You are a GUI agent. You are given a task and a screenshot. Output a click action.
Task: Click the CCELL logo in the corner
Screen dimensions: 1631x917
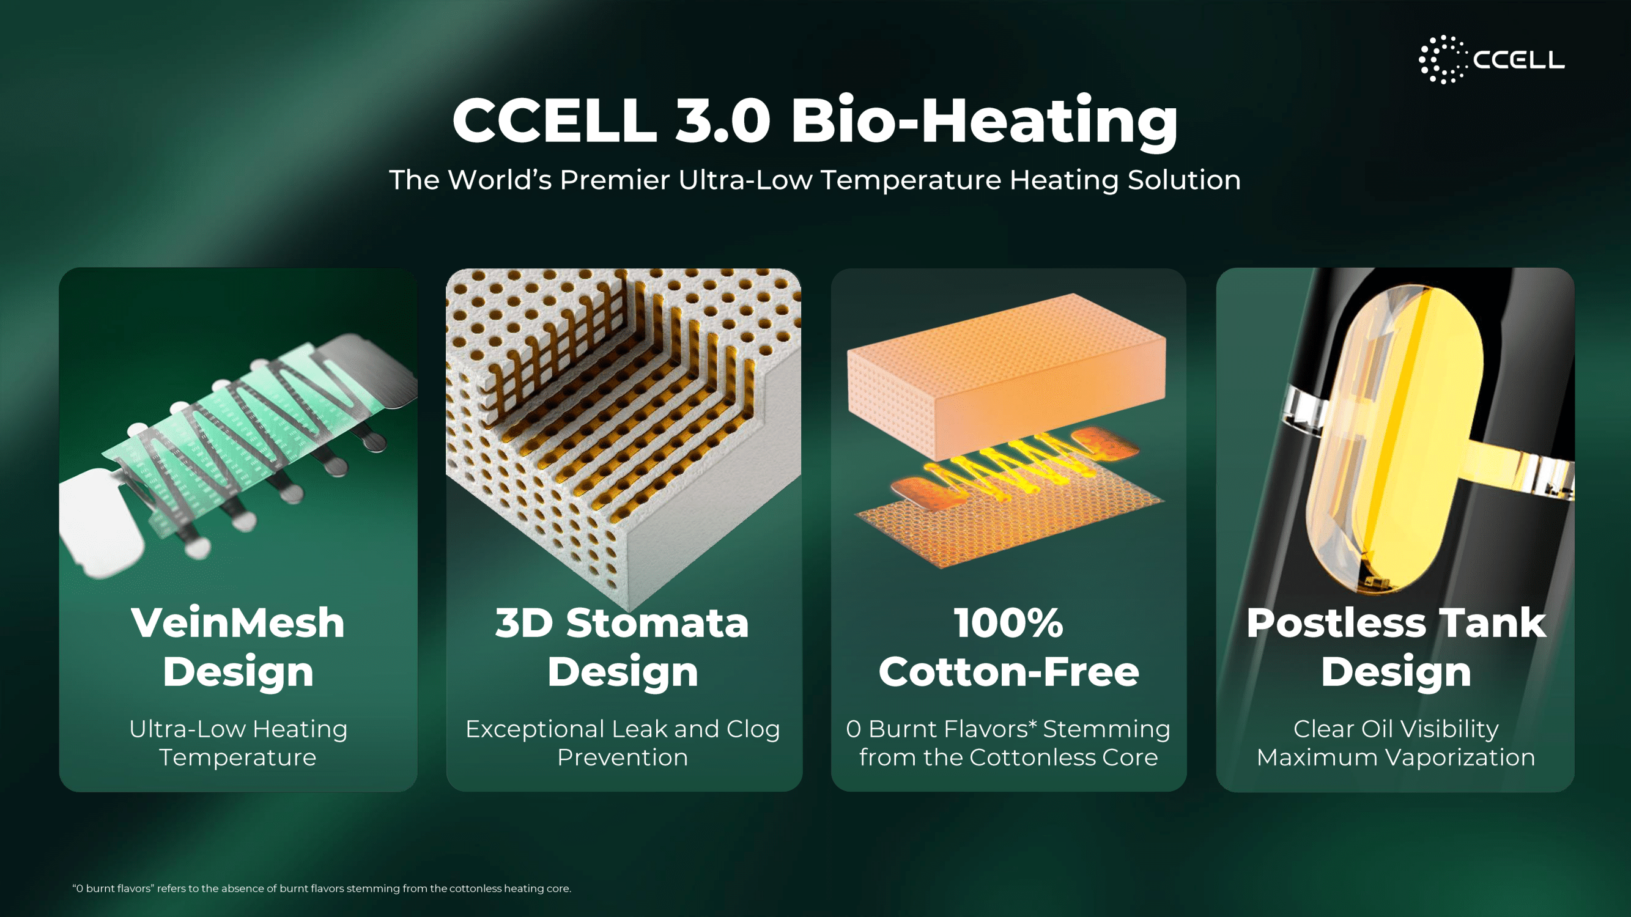click(x=1491, y=59)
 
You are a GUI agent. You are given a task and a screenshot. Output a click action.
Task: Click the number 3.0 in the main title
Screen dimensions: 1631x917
click(x=722, y=120)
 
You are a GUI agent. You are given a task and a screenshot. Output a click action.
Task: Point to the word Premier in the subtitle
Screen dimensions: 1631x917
click(x=614, y=180)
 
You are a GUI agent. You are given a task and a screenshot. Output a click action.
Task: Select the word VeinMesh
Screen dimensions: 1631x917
click(x=238, y=623)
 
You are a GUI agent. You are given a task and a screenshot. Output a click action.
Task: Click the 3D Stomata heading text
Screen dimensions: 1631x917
click(x=623, y=623)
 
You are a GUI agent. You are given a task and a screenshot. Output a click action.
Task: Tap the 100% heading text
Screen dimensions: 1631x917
click(x=1008, y=623)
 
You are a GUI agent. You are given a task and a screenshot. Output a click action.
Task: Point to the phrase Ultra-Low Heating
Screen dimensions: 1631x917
click(x=238, y=729)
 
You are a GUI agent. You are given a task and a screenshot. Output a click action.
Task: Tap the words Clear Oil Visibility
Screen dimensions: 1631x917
click(x=1396, y=729)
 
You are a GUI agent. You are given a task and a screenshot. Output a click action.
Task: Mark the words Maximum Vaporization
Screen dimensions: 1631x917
click(x=1396, y=757)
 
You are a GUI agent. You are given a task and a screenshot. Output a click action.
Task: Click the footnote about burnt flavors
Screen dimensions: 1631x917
click(x=322, y=888)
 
